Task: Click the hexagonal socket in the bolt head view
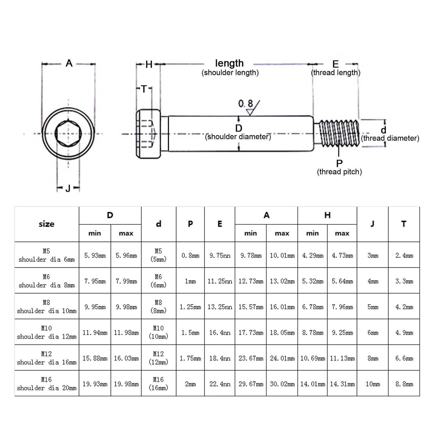click(68, 133)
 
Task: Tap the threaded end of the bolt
click(339, 133)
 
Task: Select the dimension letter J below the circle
click(68, 188)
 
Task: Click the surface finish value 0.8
click(245, 103)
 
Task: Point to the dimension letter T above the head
click(144, 89)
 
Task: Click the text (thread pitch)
click(339, 172)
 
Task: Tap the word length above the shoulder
click(229, 63)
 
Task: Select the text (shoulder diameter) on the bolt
click(238, 137)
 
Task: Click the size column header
click(47, 224)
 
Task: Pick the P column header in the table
click(190, 224)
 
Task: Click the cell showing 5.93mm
click(95, 255)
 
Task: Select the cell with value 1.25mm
click(190, 307)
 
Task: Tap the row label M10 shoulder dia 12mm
click(47, 332)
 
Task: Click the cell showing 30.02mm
click(282, 384)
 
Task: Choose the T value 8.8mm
click(404, 384)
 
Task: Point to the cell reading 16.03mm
click(126, 358)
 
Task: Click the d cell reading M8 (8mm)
click(159, 307)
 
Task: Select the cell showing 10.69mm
click(313, 358)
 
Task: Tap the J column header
click(372, 224)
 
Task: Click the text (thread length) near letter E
click(336, 73)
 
